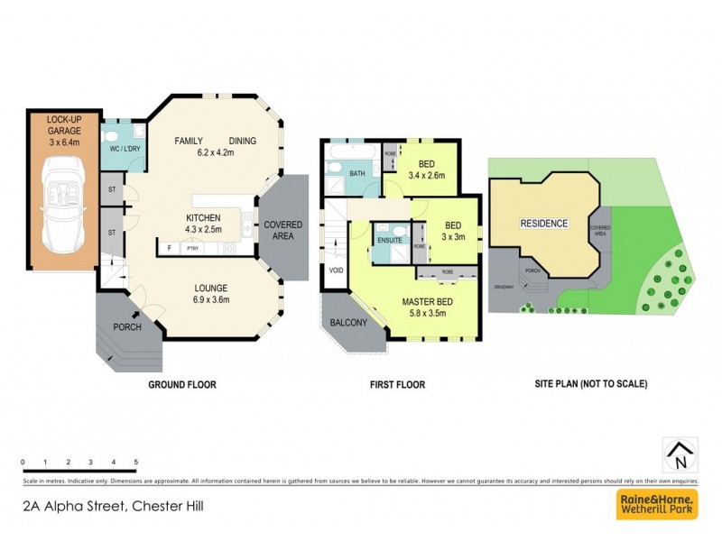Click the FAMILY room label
[189, 141]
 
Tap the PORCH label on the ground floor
[127, 327]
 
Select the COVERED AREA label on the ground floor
[282, 230]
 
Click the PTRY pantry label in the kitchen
[192, 248]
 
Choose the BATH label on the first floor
[357, 174]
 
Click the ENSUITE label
[390, 241]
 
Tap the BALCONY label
[347, 322]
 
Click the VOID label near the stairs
[337, 270]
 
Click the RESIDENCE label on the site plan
[543, 224]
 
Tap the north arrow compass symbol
[680, 455]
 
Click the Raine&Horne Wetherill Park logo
[656, 504]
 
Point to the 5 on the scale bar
[135, 462]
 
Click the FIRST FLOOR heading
[397, 384]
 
